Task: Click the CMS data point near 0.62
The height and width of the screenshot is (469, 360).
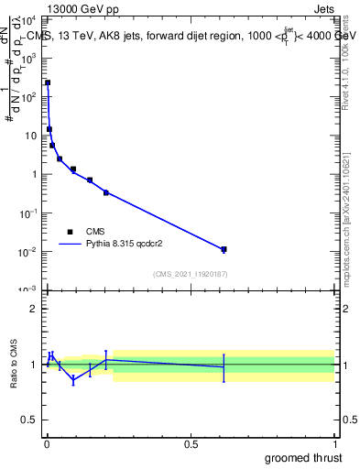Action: pos(224,249)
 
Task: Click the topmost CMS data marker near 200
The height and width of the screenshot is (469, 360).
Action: pos(48,82)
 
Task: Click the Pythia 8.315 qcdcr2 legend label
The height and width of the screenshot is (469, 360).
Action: pos(126,245)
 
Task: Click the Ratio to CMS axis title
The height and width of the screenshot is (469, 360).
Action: pos(15,365)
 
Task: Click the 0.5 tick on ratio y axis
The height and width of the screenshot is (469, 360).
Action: pos(29,420)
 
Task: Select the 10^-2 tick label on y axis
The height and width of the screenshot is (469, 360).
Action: pos(28,252)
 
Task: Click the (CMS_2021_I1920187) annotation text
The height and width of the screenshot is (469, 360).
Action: pos(190,275)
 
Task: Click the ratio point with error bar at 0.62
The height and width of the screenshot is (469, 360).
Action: pos(224,367)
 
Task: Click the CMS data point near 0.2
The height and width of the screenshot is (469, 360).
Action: pos(106,192)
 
